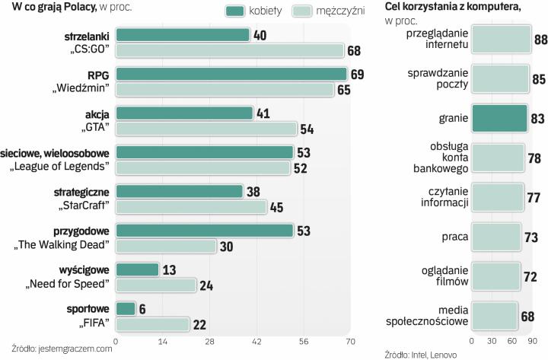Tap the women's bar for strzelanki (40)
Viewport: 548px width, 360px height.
coord(183,35)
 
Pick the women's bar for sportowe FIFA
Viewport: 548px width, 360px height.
coord(126,309)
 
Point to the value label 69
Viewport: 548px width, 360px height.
coord(358,74)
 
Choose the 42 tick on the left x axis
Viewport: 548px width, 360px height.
coord(256,341)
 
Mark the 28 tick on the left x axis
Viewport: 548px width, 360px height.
coord(209,341)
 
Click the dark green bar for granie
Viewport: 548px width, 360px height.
coord(499,118)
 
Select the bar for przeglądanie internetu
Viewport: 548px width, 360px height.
coord(501,40)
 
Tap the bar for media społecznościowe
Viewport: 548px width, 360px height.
coord(495,314)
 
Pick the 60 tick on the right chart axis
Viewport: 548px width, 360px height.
coord(512,340)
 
